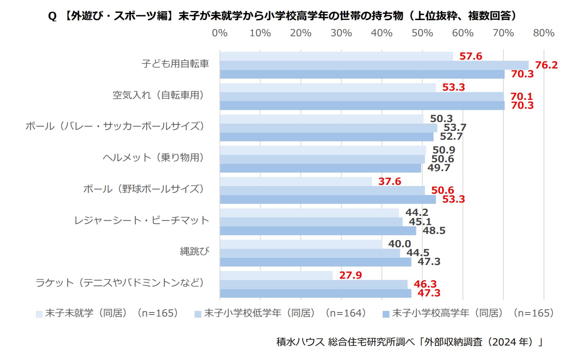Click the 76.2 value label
546,65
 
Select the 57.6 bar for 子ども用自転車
336,56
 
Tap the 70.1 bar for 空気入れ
362,96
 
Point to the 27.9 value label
350,275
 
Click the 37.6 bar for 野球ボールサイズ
296,182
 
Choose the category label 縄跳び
195,252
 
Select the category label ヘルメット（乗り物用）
153,157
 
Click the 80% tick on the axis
544,33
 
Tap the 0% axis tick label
220,33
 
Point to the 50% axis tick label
422,33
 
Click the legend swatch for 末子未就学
39,314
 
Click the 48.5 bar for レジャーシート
318,231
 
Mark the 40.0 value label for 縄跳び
400,244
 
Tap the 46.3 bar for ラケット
314,284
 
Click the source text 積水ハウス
300,342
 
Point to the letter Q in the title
52,16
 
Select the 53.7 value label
455,128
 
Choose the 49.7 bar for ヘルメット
321,168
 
